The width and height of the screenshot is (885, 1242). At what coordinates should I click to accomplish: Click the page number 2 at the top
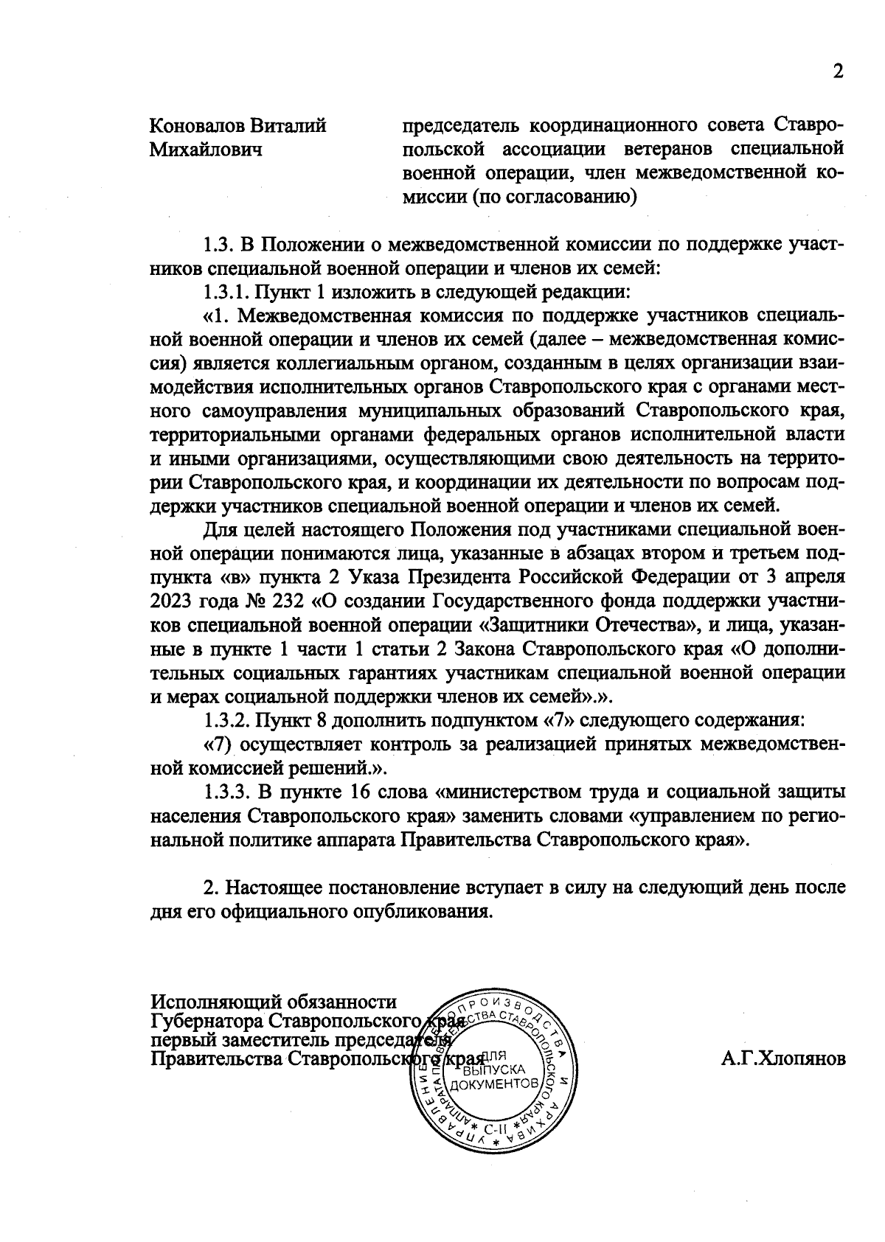(x=837, y=71)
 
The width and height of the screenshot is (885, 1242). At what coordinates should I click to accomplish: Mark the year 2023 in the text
(x=172, y=601)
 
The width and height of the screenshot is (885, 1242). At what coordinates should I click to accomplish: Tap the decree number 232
(x=285, y=601)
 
